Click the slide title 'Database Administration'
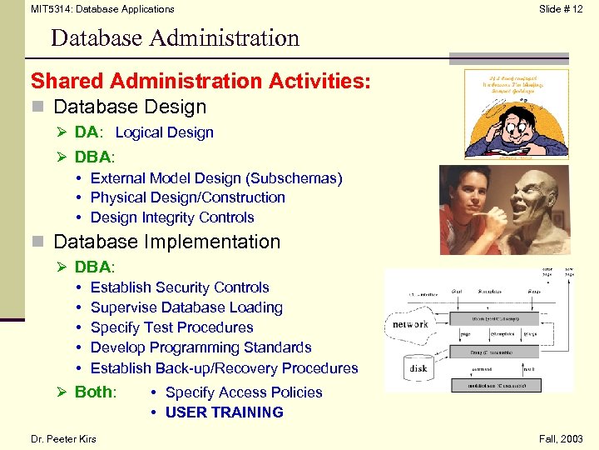[175, 38]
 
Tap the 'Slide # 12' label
[561, 9]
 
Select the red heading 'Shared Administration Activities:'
[200, 81]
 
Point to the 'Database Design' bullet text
[130, 107]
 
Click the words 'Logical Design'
[165, 132]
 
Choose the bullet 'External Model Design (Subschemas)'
[216, 177]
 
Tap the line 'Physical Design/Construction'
[188, 197]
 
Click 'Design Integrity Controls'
[172, 217]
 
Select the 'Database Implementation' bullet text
[166, 242]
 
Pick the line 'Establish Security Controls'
[180, 287]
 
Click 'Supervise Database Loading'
[186, 307]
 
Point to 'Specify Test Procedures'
[171, 327]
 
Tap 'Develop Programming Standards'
[200, 347]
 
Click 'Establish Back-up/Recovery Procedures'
[224, 368]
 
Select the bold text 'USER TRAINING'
[225, 412]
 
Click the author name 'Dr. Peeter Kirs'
[63, 439]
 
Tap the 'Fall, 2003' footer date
[562, 439]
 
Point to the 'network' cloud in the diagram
[410, 324]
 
